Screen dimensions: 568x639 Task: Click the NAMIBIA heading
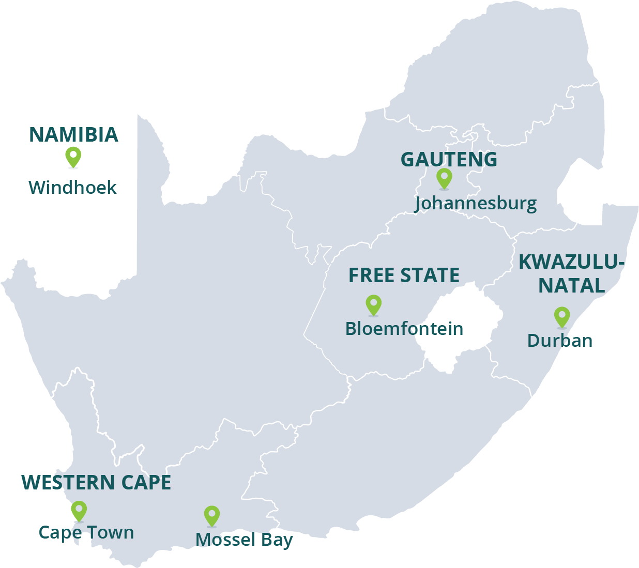(73, 135)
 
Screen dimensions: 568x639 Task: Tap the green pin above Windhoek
(73, 157)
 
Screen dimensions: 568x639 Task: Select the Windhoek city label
(72, 187)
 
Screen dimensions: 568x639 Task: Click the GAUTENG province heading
(449, 160)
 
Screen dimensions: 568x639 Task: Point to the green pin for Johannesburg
(444, 178)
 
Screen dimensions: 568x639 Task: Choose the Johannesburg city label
(476, 203)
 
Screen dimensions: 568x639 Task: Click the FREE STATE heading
(404, 275)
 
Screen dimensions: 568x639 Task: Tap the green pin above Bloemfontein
(373, 304)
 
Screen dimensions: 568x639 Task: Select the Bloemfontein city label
(404, 329)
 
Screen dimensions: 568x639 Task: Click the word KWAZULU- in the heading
(571, 262)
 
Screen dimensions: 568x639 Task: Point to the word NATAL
(571, 286)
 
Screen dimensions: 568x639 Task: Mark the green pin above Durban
(562, 316)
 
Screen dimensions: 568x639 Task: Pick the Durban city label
(559, 341)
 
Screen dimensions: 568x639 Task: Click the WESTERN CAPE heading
(96, 483)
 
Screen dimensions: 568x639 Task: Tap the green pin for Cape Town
(79, 510)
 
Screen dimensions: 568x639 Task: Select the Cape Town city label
(86, 532)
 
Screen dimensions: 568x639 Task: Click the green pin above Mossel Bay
(211, 515)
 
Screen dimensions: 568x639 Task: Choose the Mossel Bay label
(244, 540)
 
